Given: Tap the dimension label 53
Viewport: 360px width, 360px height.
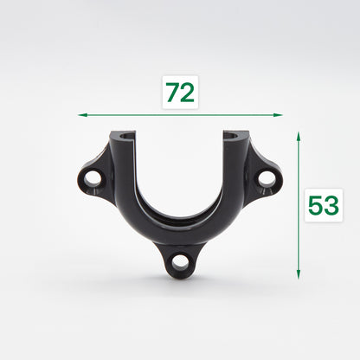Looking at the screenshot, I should coord(323,206).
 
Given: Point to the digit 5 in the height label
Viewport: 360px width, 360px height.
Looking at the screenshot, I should coord(315,206).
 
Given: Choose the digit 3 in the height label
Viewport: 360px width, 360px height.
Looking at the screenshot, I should coord(331,206).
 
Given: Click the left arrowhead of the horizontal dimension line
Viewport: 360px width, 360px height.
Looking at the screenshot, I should coord(80,113).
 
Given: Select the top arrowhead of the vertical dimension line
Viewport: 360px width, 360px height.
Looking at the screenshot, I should coord(299,136).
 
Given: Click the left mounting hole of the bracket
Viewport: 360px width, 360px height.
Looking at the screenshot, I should coord(93,178).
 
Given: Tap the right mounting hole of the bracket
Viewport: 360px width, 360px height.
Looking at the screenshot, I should coord(266,178).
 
